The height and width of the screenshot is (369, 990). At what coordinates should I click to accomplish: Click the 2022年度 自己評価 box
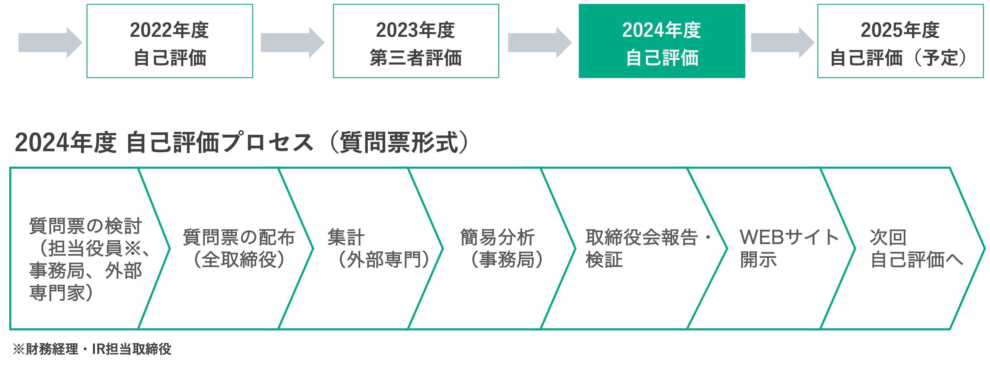(169, 41)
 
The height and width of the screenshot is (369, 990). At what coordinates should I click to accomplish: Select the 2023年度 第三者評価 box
(416, 41)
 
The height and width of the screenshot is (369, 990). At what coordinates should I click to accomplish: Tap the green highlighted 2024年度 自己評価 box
(662, 41)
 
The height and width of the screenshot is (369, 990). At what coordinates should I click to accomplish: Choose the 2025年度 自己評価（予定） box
(900, 41)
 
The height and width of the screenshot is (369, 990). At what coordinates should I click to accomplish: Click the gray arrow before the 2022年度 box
(50, 42)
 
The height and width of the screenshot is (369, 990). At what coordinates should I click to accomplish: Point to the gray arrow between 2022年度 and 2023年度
(292, 42)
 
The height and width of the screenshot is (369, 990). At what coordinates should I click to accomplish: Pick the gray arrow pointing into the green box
(539, 42)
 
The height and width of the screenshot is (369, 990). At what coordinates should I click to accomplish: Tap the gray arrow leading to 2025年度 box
(782, 42)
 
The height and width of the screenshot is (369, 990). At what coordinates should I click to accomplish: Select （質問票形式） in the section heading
(400, 143)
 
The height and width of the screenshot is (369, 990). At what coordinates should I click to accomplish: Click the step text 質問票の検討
(85, 226)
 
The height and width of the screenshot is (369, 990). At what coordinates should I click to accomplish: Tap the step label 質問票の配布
(239, 237)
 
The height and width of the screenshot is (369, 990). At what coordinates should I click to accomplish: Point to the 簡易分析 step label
(497, 237)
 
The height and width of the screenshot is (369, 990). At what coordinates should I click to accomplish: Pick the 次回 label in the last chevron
(888, 237)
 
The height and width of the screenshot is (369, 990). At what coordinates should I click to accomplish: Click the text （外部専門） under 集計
(384, 260)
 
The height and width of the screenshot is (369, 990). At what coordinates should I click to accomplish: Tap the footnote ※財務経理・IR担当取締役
(92, 349)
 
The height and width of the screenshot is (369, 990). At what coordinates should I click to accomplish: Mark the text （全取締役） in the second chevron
(239, 260)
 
